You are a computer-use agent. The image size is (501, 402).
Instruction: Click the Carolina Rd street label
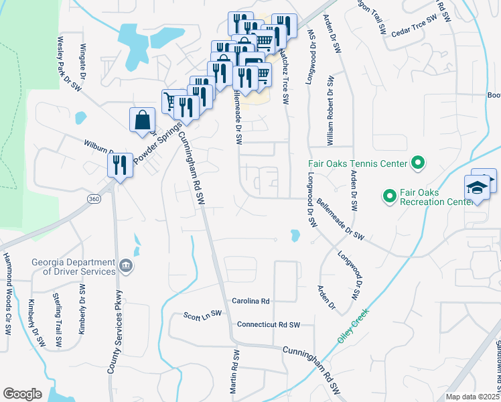coord(250,301)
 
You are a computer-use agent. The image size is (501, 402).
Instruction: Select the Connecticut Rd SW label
coord(268,324)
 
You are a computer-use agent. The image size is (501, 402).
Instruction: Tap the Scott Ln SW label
coord(202,314)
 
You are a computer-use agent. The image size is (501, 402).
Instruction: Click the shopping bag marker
coord(143,121)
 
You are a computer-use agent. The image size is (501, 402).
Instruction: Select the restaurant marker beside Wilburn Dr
coord(120,165)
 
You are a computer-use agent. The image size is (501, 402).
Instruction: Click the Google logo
coord(22,393)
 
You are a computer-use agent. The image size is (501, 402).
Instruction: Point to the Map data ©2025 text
coord(472,397)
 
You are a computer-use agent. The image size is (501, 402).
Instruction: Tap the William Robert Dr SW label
coord(330,111)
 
